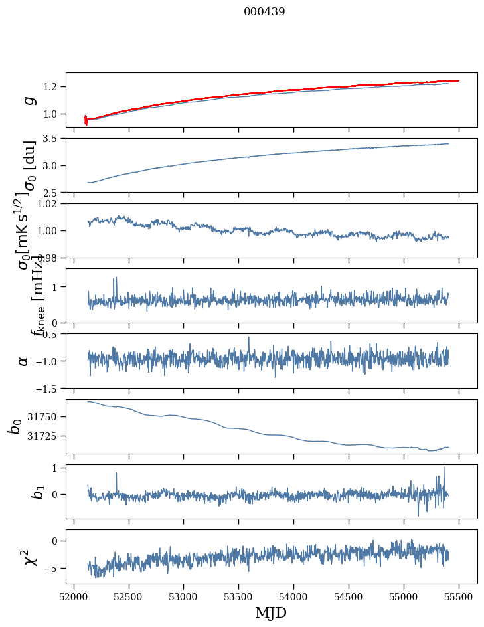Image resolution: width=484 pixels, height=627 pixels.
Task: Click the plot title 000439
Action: click(x=264, y=12)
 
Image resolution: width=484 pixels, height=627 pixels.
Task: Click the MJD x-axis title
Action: click(x=271, y=612)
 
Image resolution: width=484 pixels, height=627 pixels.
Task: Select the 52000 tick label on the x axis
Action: click(x=74, y=597)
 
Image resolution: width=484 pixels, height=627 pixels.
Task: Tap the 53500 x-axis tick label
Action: click(x=239, y=597)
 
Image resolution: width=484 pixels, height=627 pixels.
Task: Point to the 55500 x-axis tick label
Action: click(x=459, y=597)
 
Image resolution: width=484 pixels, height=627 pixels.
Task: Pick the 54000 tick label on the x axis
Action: click(x=294, y=597)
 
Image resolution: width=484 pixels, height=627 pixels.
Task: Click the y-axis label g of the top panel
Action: click(x=27, y=100)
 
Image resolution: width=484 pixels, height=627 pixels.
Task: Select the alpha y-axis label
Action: click(x=24, y=361)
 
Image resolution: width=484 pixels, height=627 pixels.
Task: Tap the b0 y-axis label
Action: click(x=15, y=426)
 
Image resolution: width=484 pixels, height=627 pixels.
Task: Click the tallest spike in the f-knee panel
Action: click(x=116, y=278)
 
